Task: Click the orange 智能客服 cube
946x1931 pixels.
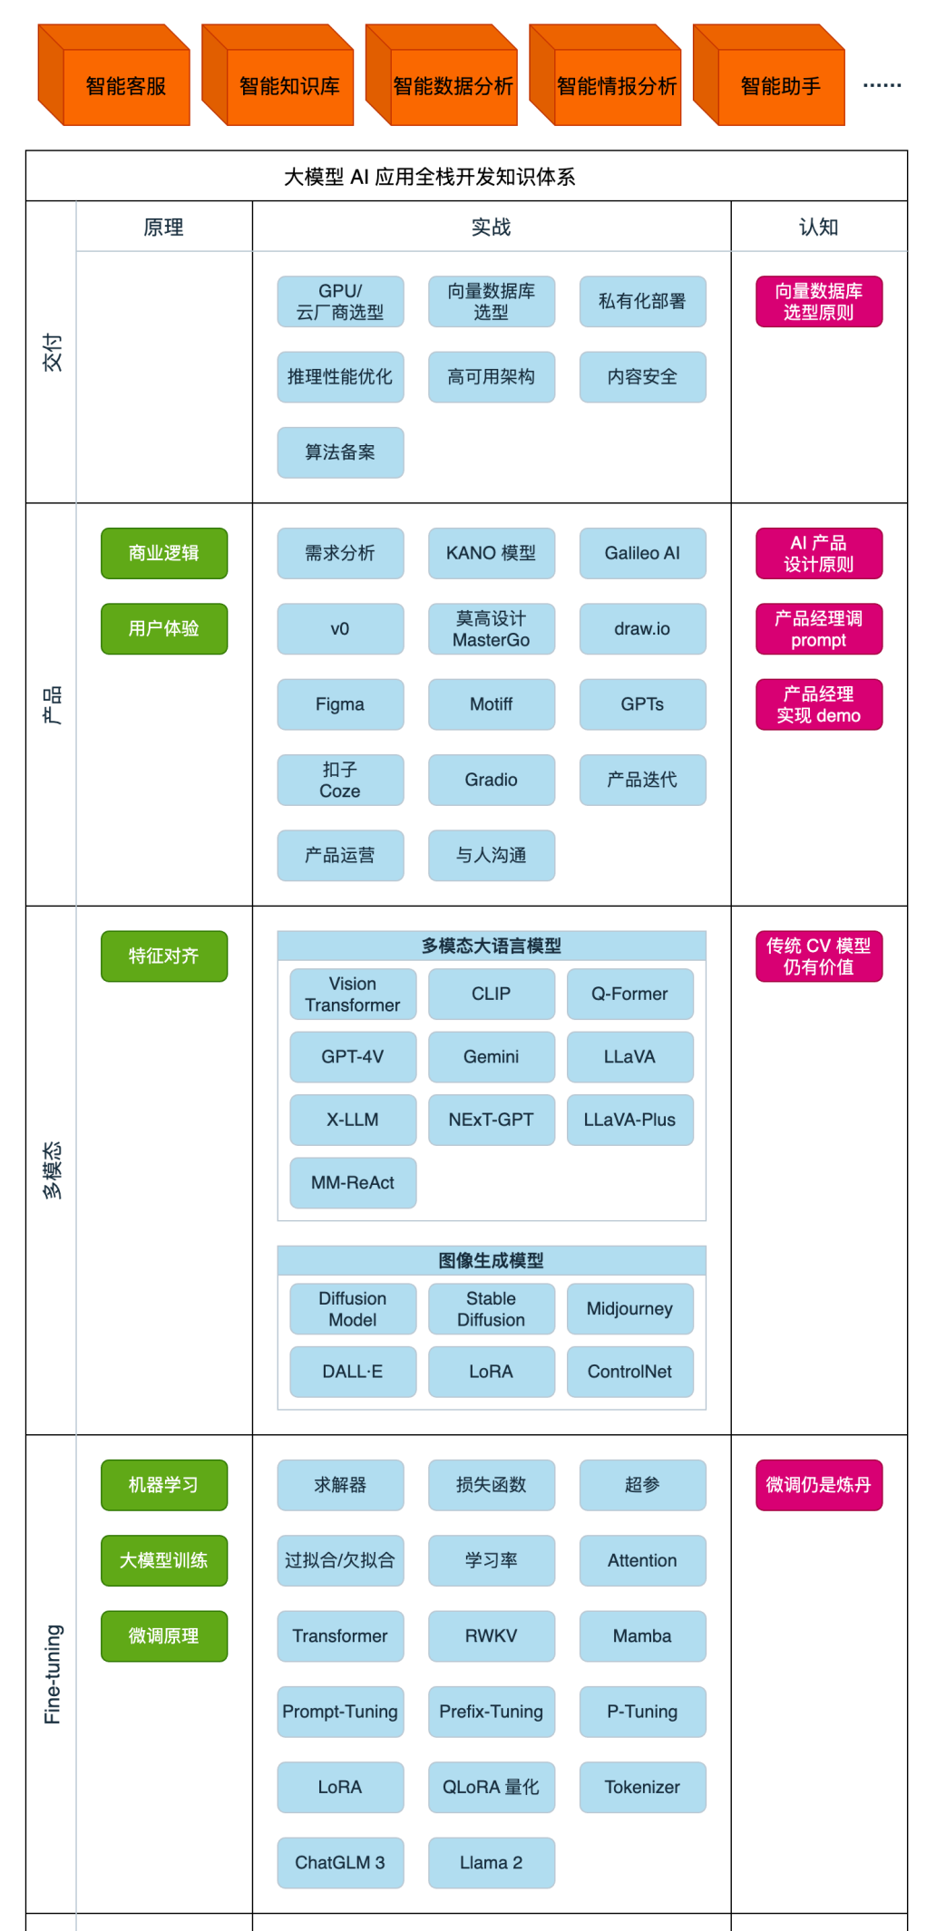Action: tap(125, 86)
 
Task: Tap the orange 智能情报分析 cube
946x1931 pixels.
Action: tap(617, 86)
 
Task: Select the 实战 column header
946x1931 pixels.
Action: tap(491, 227)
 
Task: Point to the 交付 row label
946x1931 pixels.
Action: tap(53, 352)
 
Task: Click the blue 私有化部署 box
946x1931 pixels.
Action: tap(642, 301)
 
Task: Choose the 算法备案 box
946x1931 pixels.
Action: tap(340, 452)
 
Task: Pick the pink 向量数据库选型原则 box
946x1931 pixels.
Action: tap(818, 301)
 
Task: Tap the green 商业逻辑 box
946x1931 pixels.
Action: tap(164, 553)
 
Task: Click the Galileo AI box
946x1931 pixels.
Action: tap(642, 553)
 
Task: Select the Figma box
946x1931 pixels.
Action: tap(340, 704)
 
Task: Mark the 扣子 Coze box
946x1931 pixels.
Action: tap(340, 780)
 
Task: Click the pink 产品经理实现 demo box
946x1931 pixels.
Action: tap(818, 704)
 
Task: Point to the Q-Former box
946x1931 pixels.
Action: tap(629, 994)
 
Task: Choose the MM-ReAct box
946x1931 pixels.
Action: tap(353, 1182)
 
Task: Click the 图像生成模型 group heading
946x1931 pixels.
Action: tap(491, 1260)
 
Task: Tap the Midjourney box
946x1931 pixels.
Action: tap(629, 1308)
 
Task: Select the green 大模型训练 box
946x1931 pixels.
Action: tap(164, 1560)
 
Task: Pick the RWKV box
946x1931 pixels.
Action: tap(491, 1635)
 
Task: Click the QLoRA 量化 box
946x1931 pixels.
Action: tap(491, 1787)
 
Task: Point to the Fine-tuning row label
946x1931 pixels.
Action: tap(53, 1674)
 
